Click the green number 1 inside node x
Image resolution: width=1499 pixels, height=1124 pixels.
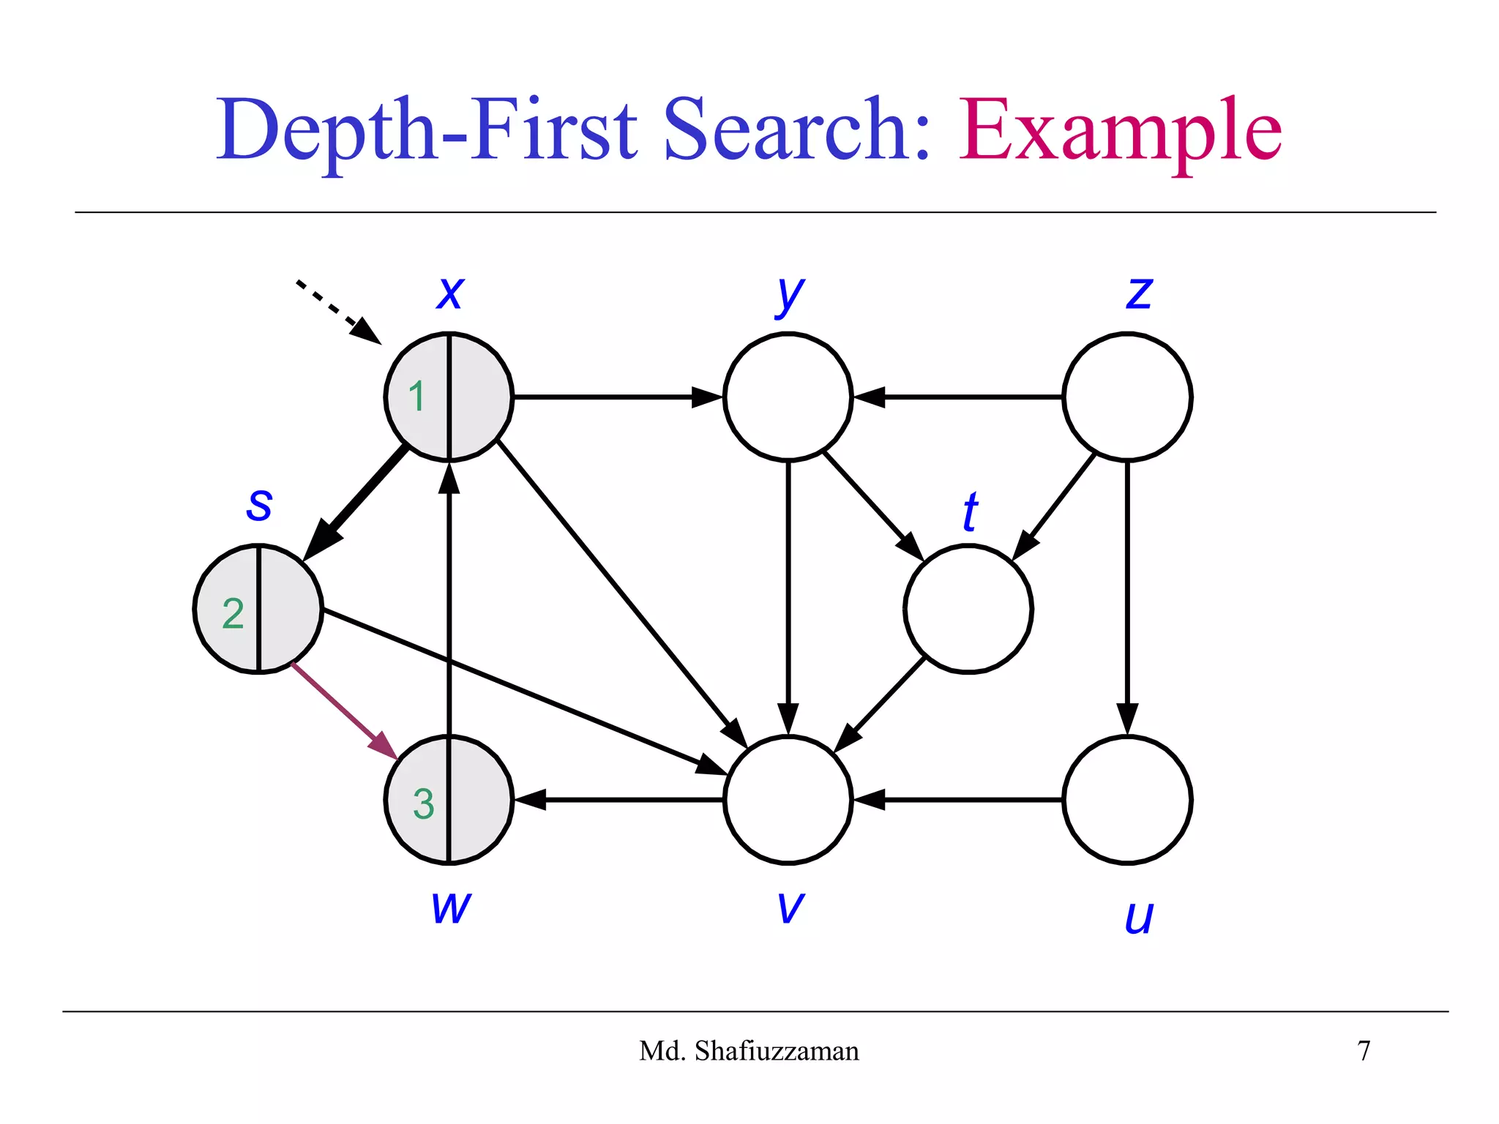coord(416,397)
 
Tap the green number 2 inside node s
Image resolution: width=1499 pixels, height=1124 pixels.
coord(233,613)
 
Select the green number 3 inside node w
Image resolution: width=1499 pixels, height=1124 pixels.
coord(423,803)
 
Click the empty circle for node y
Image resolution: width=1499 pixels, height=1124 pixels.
coord(788,397)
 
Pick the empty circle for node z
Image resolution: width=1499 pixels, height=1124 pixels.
coord(1127,397)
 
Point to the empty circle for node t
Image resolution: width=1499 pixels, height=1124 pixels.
coord(968,609)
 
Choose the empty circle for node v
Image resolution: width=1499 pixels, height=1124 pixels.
coord(788,801)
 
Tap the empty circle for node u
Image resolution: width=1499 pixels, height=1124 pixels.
coord(1127,801)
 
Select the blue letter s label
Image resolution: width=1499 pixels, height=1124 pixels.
coord(259,505)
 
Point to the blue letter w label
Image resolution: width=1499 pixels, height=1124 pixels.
coord(451,907)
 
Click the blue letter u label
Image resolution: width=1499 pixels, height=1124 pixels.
coord(1139,918)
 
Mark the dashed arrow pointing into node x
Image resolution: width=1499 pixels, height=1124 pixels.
coord(337,311)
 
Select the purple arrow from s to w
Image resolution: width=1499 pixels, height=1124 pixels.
coord(343,710)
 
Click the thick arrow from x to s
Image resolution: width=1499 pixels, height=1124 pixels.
coord(359,501)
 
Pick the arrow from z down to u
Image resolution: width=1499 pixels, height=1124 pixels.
coord(1127,593)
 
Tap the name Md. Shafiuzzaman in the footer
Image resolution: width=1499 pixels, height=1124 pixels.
coord(749,1052)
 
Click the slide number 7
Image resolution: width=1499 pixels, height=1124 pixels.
coord(1364,1052)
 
